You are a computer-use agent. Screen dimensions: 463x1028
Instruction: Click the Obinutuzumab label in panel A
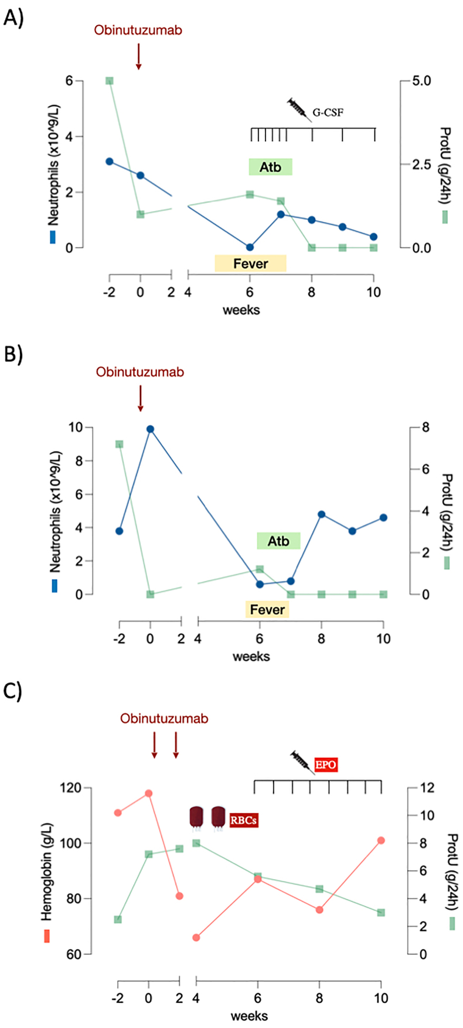(x=138, y=30)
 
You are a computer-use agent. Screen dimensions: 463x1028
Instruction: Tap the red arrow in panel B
(x=141, y=398)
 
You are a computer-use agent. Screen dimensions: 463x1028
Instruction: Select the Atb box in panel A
(x=270, y=167)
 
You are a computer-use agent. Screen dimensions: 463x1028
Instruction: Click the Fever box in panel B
(x=267, y=610)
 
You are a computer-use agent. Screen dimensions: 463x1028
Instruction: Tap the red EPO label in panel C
(x=326, y=764)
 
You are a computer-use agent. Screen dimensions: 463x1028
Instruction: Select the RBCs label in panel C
(x=243, y=820)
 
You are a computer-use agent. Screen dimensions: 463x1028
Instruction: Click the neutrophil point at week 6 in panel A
(x=250, y=247)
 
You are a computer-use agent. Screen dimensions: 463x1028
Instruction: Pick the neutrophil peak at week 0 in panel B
(x=150, y=429)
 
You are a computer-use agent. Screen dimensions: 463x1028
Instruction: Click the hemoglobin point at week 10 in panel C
(x=381, y=840)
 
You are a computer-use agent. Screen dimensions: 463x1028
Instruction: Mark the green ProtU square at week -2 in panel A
(x=109, y=81)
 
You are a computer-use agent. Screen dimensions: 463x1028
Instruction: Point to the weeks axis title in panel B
(x=251, y=656)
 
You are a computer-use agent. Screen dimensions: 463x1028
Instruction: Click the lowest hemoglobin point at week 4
(x=196, y=937)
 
